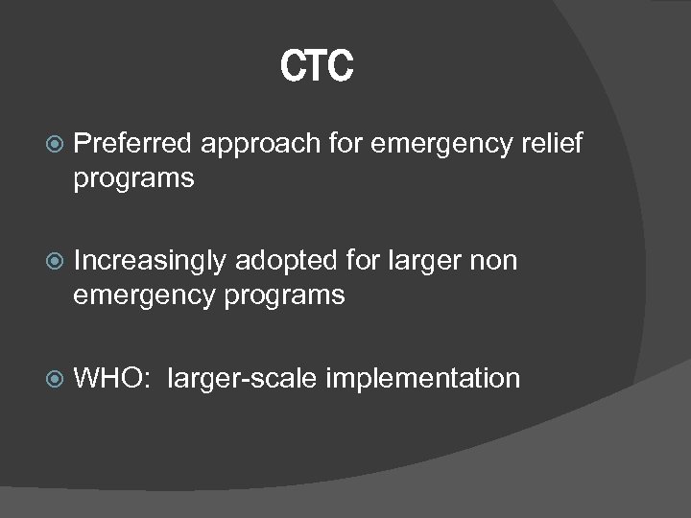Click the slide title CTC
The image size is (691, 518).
point(318,67)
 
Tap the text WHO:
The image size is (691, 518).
point(111,378)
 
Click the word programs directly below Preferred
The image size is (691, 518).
point(133,179)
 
